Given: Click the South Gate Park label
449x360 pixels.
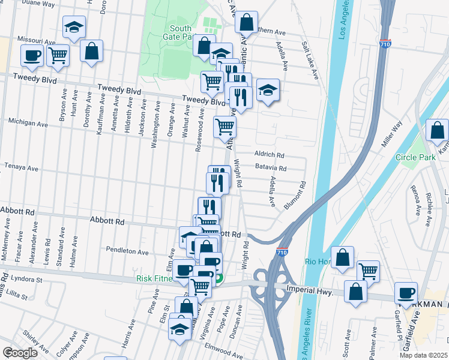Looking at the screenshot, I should click(x=181, y=32).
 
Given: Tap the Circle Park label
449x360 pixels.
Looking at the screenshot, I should click(x=415, y=157).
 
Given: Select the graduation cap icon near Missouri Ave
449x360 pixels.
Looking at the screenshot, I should click(x=74, y=27).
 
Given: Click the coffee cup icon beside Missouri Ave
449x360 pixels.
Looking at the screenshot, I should click(x=32, y=56).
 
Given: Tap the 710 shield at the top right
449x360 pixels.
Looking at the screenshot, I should click(x=386, y=44).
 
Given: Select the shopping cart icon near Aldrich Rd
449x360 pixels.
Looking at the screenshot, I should click(x=224, y=127).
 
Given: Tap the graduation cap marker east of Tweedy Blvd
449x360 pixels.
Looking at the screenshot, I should click(x=268, y=90).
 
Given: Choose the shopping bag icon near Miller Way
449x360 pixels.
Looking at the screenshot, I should click(x=438, y=130).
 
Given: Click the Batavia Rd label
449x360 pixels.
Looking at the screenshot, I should click(x=270, y=169).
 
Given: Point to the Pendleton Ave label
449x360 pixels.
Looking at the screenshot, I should click(x=127, y=252).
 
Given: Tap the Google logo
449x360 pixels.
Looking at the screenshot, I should click(x=20, y=352).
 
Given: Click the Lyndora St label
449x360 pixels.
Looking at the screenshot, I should click(x=25, y=280).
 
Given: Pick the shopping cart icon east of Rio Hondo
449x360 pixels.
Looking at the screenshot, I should click(x=368, y=271).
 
